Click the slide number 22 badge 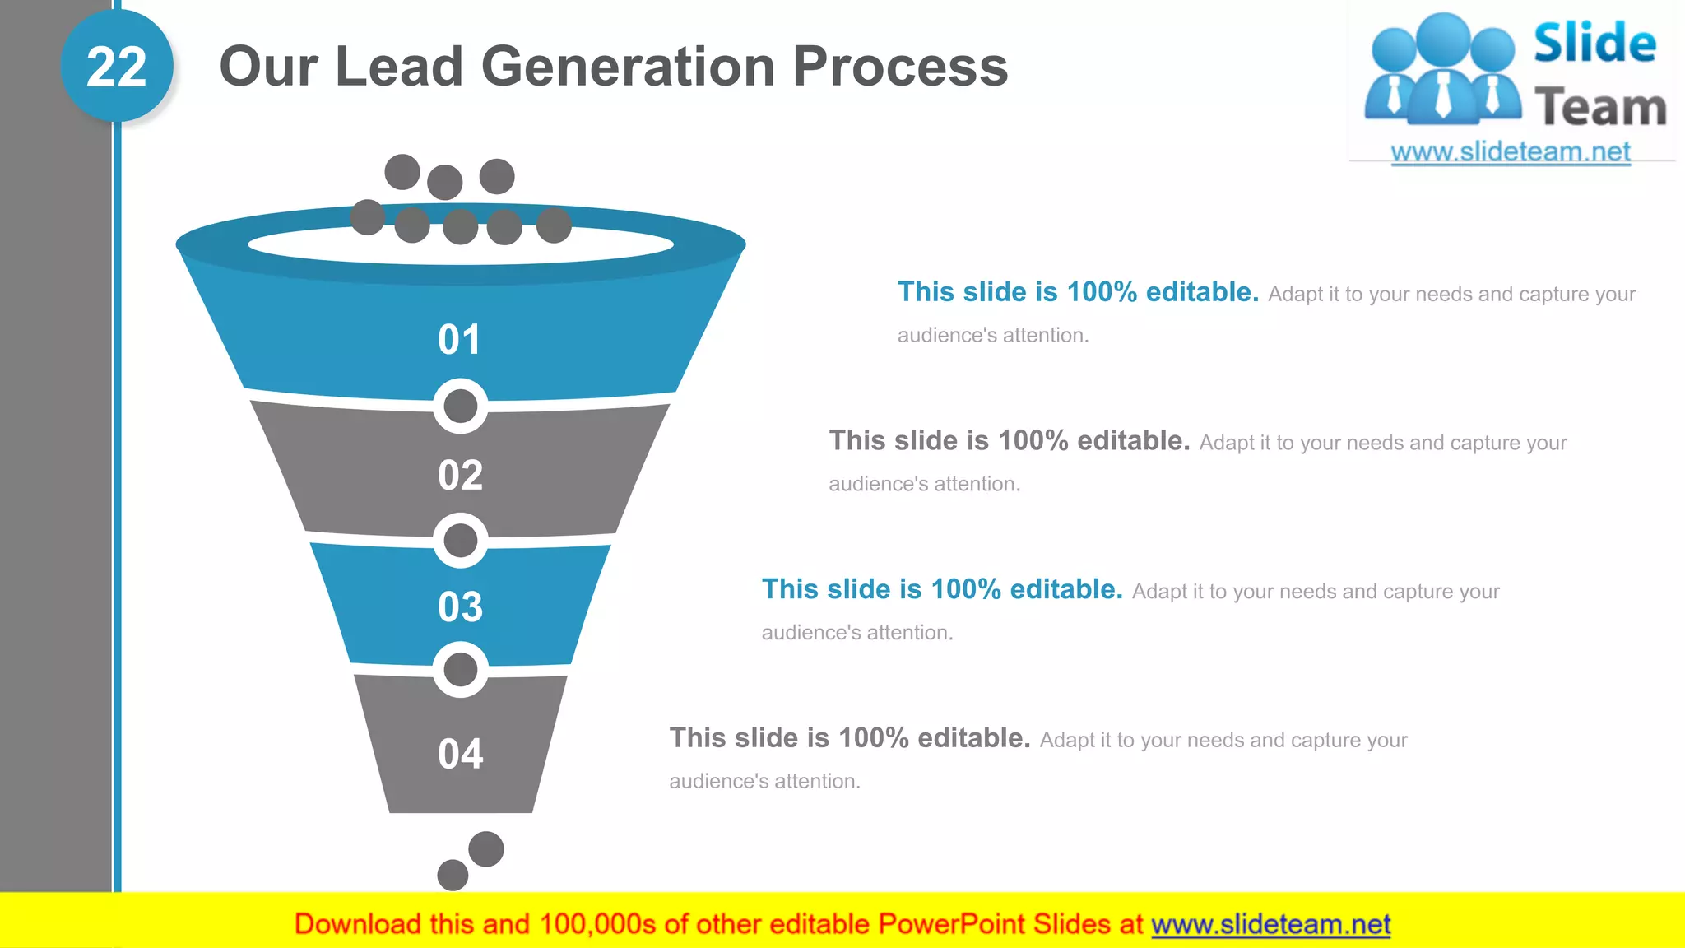pyautogui.click(x=117, y=67)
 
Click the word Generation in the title pyautogui.click(x=629, y=67)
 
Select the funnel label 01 pyautogui.click(x=459, y=340)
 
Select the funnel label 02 pyautogui.click(x=460, y=476)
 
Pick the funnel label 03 pyautogui.click(x=460, y=607)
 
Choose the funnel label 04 pyautogui.click(x=460, y=754)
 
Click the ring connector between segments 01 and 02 pyautogui.click(x=460, y=406)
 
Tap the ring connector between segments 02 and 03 pyautogui.click(x=460, y=541)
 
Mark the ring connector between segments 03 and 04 pyautogui.click(x=460, y=670)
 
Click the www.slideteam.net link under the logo pyautogui.click(x=1510, y=152)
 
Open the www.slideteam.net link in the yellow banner pyautogui.click(x=1270, y=925)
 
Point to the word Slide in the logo pyautogui.click(x=1594, y=44)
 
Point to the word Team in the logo pyautogui.click(x=1600, y=108)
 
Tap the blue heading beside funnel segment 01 pyautogui.click(x=1078, y=292)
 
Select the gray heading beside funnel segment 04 pyautogui.click(x=849, y=738)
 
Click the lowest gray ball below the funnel pyautogui.click(x=453, y=875)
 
